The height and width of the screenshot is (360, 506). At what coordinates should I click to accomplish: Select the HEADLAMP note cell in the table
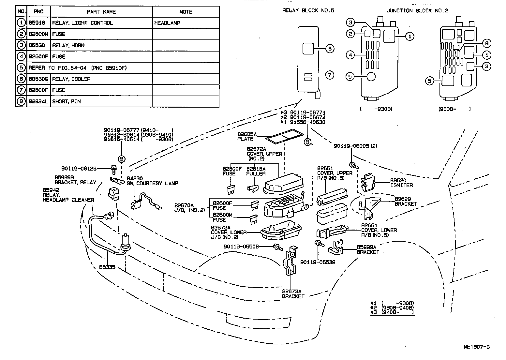(167, 23)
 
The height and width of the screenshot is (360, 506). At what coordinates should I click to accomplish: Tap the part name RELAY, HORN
(68, 45)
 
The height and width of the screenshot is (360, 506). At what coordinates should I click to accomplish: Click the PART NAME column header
(101, 12)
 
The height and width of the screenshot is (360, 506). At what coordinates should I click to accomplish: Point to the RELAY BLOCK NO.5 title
(308, 10)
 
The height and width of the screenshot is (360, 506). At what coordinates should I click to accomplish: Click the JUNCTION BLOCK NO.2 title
(417, 10)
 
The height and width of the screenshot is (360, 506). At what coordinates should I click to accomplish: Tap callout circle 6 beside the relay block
(330, 49)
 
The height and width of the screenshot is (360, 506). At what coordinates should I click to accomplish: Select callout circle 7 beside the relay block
(330, 75)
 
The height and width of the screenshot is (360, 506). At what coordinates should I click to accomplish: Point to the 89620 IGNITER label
(401, 183)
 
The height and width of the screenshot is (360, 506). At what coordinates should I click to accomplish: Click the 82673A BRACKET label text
(293, 294)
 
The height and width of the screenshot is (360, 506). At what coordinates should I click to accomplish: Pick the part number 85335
(107, 267)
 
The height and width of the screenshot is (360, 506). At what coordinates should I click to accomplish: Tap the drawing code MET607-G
(476, 347)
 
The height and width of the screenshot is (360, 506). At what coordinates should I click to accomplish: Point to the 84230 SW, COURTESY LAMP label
(152, 181)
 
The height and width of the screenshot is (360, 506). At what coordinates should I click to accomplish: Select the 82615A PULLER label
(256, 171)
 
